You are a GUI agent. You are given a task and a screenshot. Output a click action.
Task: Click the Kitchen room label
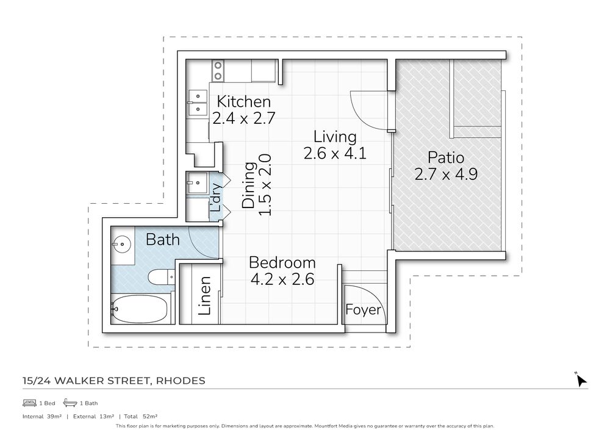(243, 101)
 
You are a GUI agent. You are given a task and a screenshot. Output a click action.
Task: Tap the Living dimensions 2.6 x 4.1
(334, 153)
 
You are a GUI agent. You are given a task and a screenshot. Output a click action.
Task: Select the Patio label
(445, 156)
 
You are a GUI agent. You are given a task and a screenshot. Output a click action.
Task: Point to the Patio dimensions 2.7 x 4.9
(445, 174)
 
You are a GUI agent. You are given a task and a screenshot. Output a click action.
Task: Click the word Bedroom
(282, 263)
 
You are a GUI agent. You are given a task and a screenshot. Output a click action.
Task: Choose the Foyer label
(364, 310)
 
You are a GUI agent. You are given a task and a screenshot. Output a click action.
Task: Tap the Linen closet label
(206, 297)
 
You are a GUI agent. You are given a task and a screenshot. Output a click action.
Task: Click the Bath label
(162, 240)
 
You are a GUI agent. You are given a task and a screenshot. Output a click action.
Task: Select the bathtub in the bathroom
(139, 310)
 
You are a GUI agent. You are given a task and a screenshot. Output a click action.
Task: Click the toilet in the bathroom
(160, 278)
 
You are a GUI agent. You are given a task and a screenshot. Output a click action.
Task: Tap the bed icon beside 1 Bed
(29, 403)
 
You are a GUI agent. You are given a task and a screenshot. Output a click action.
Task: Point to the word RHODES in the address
(181, 381)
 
